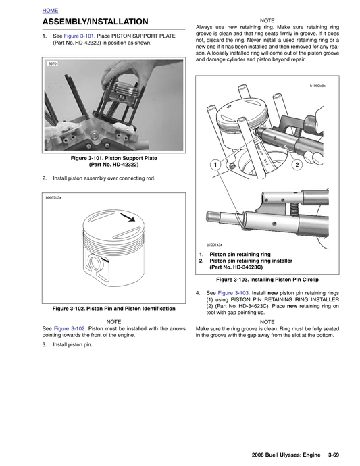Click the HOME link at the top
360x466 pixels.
(50, 11)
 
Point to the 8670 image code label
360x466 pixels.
(52, 63)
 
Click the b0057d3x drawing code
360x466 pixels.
(54, 198)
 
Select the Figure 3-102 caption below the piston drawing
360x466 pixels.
(113, 308)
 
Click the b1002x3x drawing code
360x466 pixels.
(317, 86)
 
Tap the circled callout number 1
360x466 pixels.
(214, 165)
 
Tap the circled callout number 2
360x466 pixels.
(296, 165)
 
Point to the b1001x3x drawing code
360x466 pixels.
(214, 244)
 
